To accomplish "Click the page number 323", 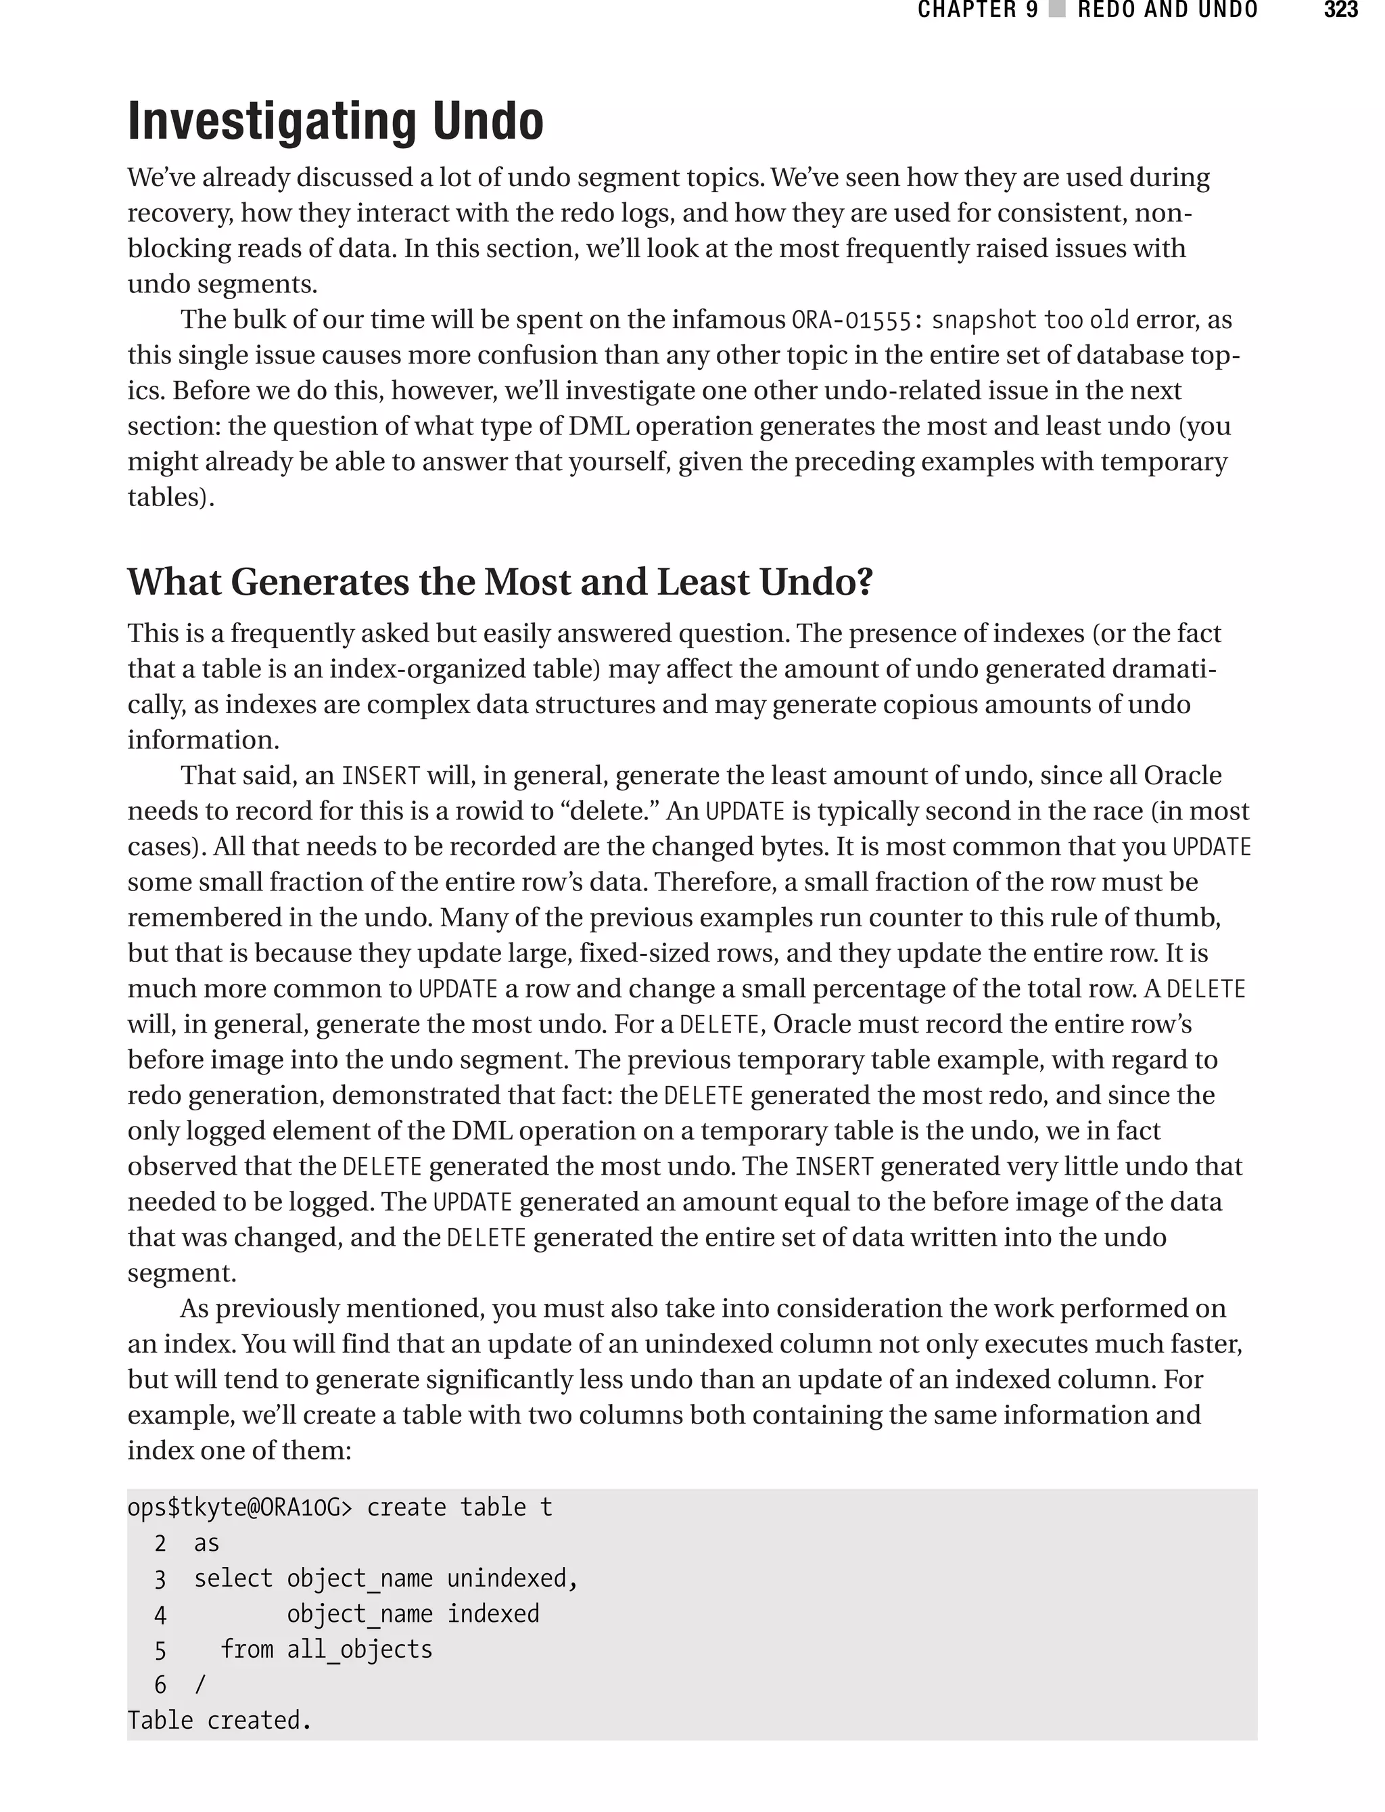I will [x=1340, y=10].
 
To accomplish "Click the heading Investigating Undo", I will [x=335, y=121].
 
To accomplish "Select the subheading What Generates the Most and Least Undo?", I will [x=500, y=583].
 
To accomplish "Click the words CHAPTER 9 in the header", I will [x=978, y=10].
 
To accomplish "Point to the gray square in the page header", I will [x=1057, y=10].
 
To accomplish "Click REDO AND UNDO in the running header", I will [x=1167, y=10].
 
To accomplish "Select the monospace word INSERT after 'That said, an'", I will [x=381, y=776].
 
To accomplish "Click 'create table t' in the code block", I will [x=459, y=1508].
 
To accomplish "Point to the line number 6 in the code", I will [x=160, y=1685].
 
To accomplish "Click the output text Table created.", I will [x=219, y=1721].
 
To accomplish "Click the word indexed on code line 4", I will [x=493, y=1614].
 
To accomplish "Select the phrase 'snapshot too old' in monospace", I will [x=1030, y=320].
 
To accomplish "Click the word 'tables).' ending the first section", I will [x=170, y=497].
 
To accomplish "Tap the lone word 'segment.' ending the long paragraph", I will [x=181, y=1273].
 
